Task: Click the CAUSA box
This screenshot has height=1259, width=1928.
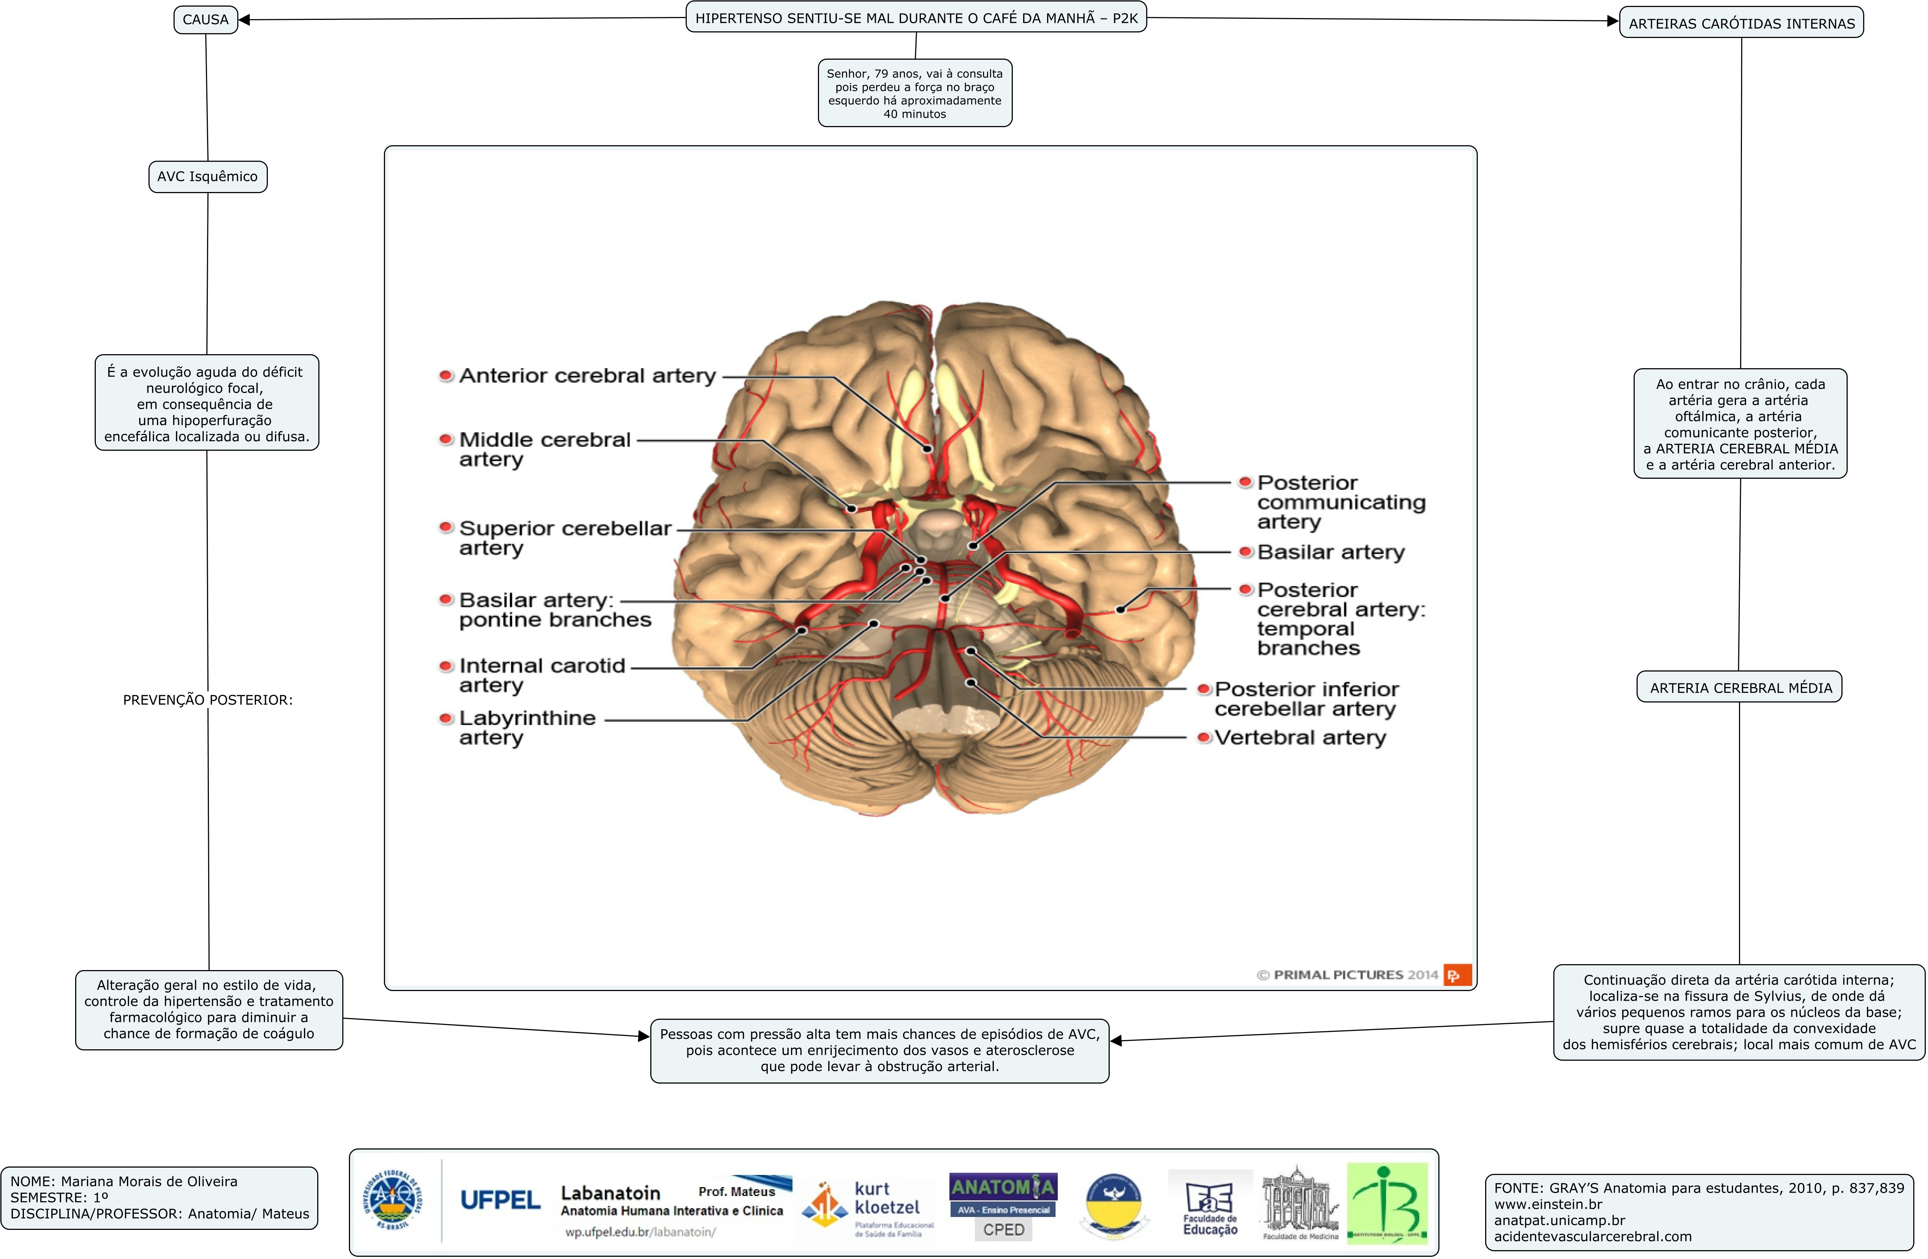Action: pos(206,20)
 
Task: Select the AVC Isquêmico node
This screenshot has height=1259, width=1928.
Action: pos(207,177)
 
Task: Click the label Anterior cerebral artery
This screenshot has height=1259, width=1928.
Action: pos(587,376)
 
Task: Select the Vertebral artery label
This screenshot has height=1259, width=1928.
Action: pos(1300,737)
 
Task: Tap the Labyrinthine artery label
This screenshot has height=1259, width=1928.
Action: pos(526,728)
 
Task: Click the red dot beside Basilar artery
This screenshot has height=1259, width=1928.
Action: pos(1246,552)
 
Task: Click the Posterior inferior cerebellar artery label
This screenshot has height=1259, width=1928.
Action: pos(1306,698)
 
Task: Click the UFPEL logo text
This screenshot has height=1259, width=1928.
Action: pos(500,1200)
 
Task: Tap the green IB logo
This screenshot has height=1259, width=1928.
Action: pos(1387,1203)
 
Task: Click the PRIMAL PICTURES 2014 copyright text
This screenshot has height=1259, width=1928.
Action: pos(1347,974)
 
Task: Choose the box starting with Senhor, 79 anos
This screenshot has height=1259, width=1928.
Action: pos(914,93)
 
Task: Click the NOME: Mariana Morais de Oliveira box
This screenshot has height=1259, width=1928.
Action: pos(160,1197)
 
